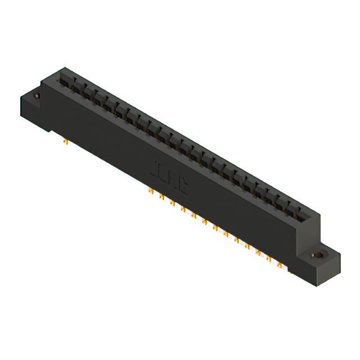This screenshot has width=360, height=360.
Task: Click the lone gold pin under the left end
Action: coord(66,141)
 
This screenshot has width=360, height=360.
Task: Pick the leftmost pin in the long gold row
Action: coord(151,191)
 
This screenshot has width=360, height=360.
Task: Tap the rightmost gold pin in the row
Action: coord(279,263)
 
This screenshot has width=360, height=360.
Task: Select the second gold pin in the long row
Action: coord(161,197)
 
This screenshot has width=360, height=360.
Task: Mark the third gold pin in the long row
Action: coord(172,202)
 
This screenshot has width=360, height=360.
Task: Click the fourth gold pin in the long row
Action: coord(183,209)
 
